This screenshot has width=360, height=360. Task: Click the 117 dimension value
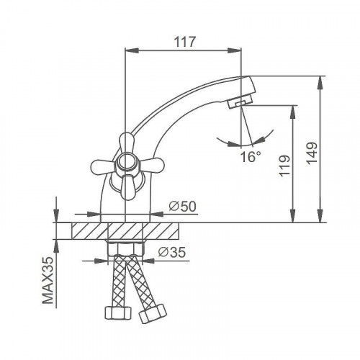point(185,42)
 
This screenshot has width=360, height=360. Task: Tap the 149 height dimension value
point(312,153)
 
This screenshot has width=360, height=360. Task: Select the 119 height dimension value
point(284,166)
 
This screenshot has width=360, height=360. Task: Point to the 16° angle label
point(251,157)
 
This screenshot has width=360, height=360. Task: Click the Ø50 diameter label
point(182,206)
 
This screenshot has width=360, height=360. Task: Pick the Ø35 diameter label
point(172,252)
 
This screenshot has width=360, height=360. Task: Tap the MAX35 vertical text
point(48,281)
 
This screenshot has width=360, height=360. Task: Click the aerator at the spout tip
point(240,102)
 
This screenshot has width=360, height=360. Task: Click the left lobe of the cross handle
point(102,166)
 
